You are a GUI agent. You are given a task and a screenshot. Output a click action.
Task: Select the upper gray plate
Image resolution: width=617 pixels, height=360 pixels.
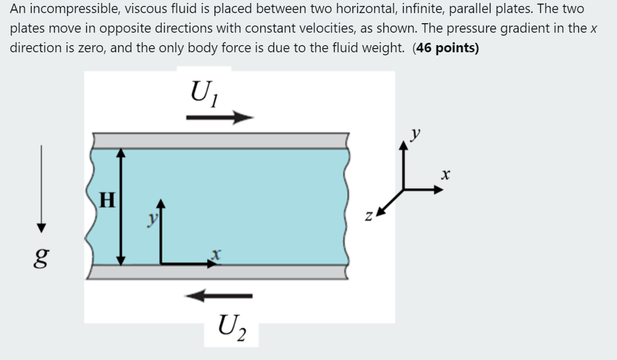(220, 140)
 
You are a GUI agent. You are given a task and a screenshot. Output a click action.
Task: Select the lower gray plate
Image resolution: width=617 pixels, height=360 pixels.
(220, 271)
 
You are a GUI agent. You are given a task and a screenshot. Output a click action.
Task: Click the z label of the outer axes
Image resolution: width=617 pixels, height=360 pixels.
(370, 219)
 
